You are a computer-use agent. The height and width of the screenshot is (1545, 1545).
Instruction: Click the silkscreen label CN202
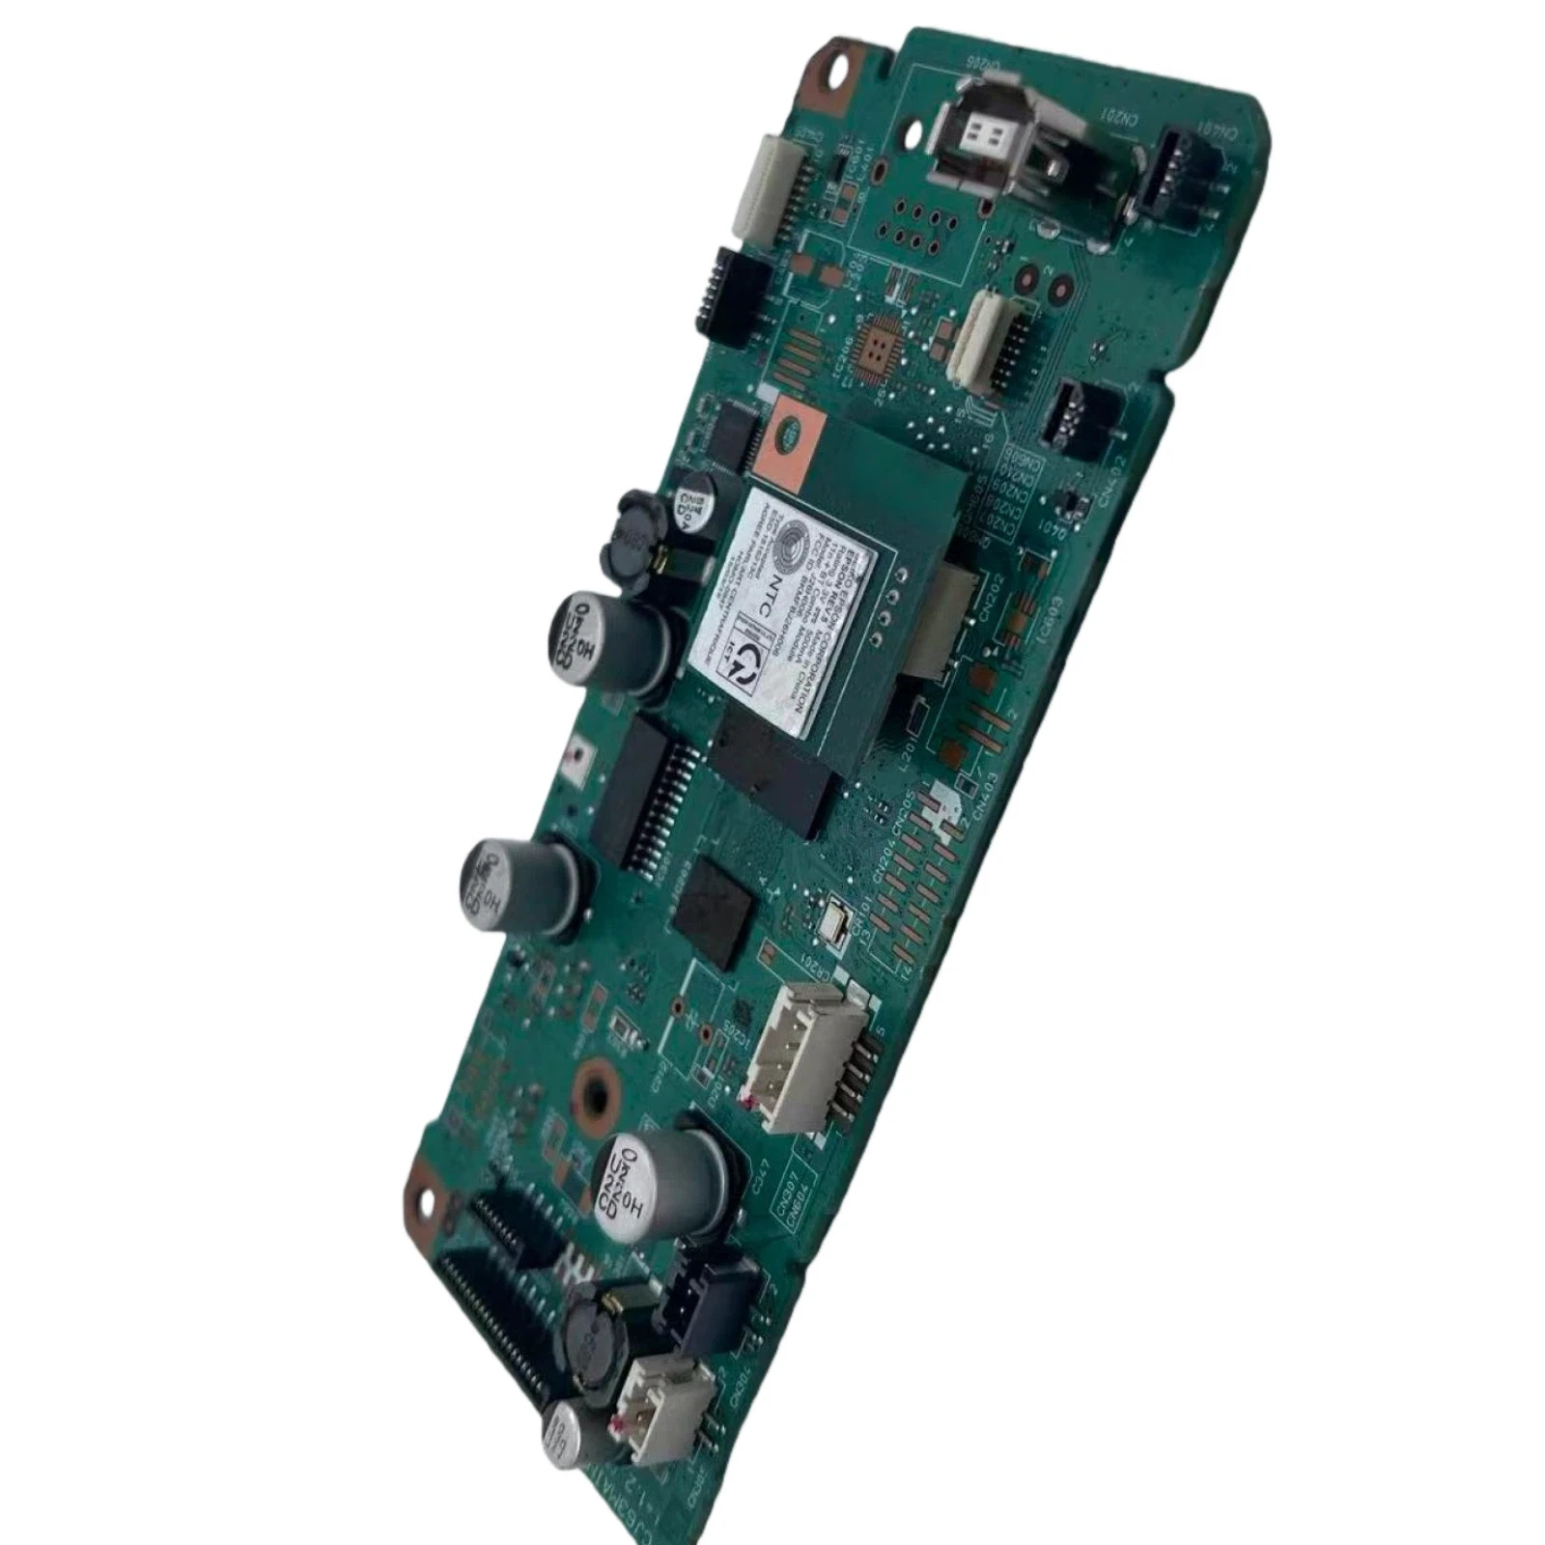coord(988,599)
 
